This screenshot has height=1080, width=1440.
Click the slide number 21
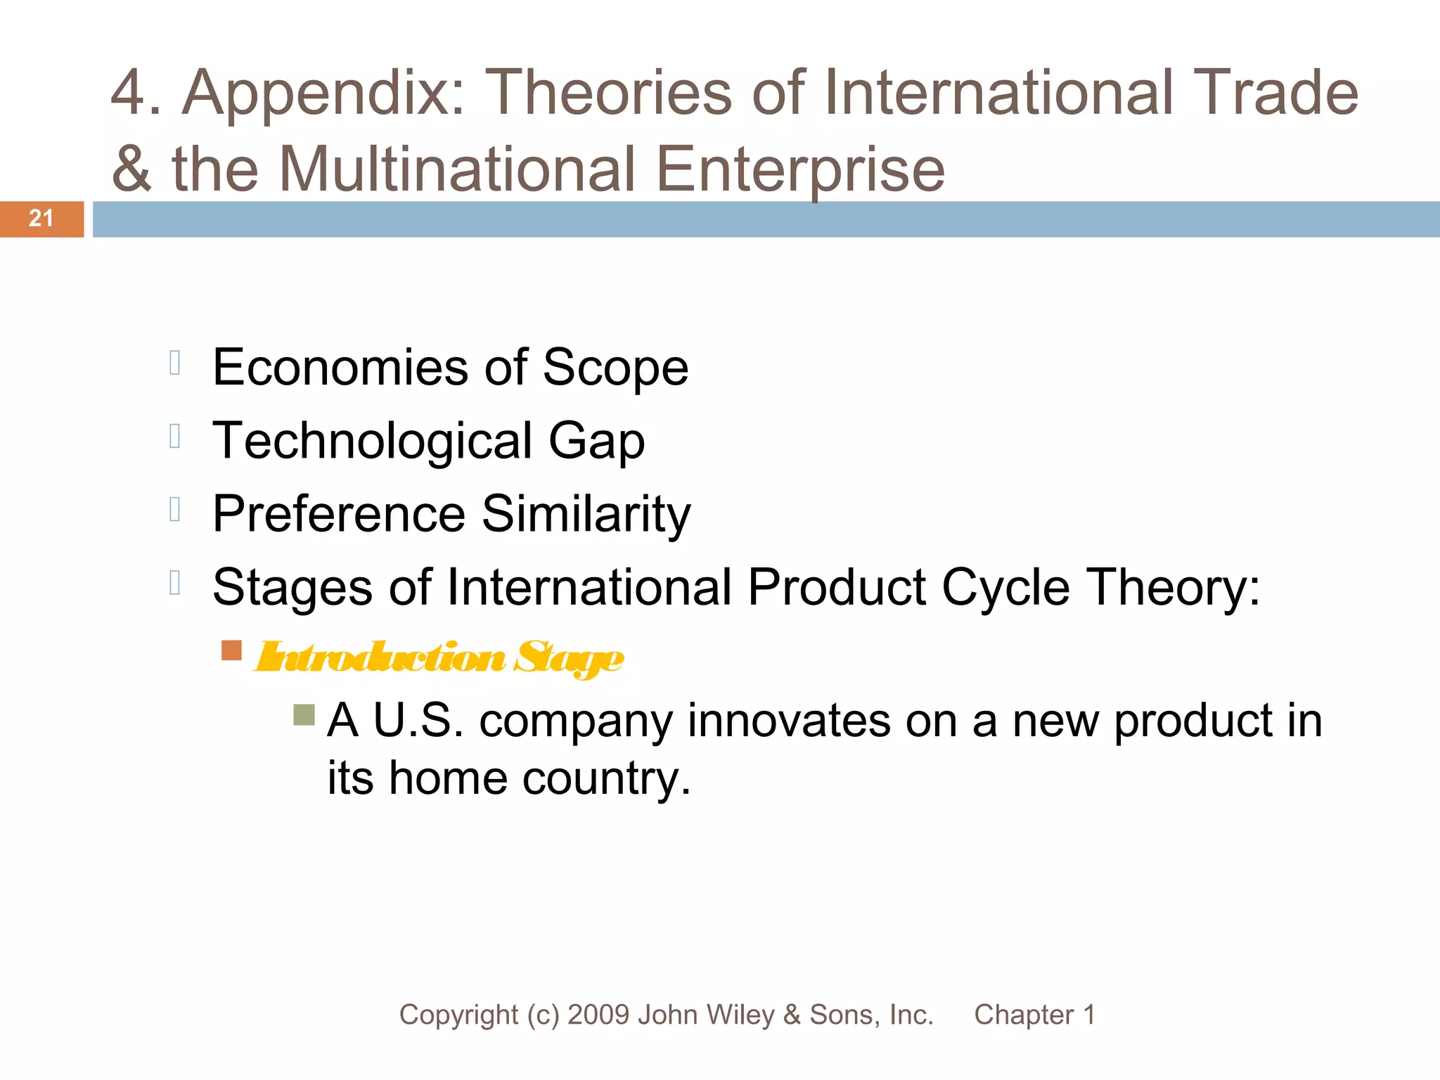41,219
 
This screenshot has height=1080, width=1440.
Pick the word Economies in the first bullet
340,367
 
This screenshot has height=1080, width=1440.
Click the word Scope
615,368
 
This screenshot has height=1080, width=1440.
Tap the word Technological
373,441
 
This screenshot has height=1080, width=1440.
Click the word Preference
339,514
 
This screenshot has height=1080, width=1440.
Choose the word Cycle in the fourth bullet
1005,588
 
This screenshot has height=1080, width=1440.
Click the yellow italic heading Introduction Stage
439,658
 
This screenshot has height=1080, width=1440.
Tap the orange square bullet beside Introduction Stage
231,650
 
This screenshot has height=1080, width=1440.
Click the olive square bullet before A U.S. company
304,715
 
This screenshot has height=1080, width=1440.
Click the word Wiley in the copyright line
742,1015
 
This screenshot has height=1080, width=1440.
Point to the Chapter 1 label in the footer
1034,1015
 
